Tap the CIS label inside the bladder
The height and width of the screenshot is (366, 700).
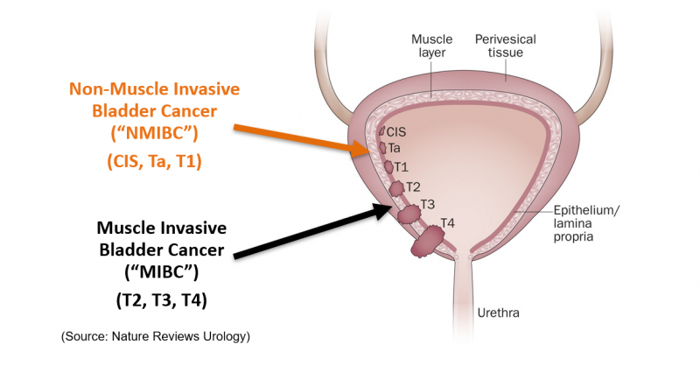point(395,132)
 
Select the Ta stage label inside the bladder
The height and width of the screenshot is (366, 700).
point(395,149)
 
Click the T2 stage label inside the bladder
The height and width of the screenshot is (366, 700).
point(413,187)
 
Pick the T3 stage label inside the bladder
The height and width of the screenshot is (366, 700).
point(428,205)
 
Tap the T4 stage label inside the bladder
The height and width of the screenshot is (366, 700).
point(446,222)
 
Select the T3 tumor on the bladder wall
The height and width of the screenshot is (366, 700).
point(409,214)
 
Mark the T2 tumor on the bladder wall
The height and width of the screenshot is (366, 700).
point(396,188)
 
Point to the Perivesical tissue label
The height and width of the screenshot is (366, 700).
point(505,46)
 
